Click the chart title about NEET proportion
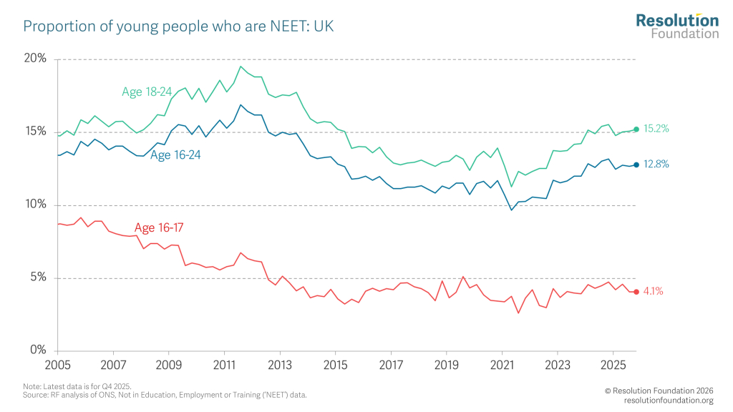(179, 27)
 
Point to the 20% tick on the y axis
(34, 59)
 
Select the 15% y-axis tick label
(35, 132)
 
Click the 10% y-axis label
(35, 205)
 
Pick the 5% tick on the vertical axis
(37, 278)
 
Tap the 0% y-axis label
(37, 350)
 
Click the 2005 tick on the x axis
(57, 365)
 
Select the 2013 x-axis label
(280, 365)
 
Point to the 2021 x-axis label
(502, 365)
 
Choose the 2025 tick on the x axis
(613, 365)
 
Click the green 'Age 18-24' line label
(146, 92)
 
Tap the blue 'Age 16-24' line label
(175, 154)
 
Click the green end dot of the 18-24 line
(636, 129)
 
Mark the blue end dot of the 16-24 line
(636, 165)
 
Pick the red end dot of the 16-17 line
(636, 291)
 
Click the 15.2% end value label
(656, 129)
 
